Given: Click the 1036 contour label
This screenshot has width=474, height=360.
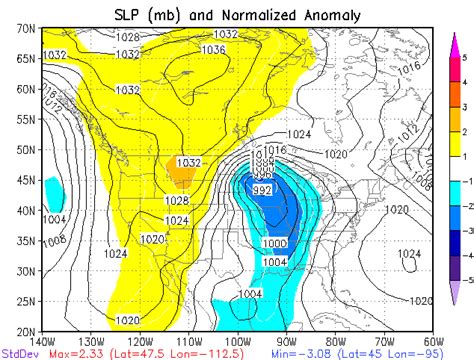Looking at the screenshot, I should point(213,49).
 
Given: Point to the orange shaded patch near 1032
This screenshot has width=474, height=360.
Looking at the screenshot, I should point(182,173).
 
